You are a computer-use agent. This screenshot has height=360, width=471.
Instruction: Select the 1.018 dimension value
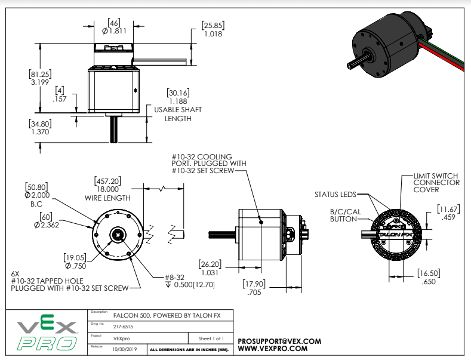pos(213,35)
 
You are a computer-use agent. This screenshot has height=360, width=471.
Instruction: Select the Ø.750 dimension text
pos(76,266)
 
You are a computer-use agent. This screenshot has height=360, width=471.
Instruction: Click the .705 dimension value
pos(254,293)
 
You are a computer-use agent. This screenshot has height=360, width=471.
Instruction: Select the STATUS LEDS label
pos(335,195)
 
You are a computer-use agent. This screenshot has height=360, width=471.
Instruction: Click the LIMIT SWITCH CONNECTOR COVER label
pos(436,183)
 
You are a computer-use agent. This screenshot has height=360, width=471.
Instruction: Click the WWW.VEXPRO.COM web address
pos(273,348)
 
